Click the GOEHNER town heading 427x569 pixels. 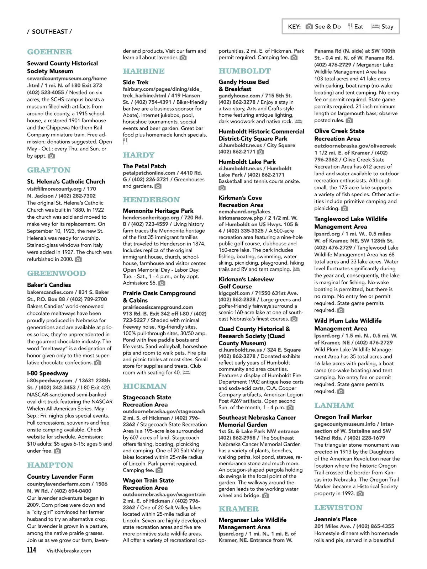[x=49, y=52]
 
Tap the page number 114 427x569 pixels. [x=31, y=550]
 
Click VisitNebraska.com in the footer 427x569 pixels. [x=69, y=551]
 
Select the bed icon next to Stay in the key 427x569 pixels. [x=375, y=26]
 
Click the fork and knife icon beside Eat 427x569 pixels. [x=350, y=26]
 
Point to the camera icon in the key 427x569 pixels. [x=310, y=26]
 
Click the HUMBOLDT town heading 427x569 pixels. [x=244, y=71]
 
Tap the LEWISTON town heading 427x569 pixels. [x=338, y=507]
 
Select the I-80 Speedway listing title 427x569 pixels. [x=48, y=373]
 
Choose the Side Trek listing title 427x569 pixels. [x=136, y=82]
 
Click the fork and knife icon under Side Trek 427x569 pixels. [x=125, y=141]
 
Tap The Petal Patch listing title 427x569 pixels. [x=144, y=166]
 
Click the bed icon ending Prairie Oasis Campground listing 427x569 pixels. [x=186, y=373]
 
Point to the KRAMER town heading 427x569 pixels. [x=239, y=509]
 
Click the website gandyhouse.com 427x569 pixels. [x=239, y=96]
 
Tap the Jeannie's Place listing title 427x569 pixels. [x=335, y=519]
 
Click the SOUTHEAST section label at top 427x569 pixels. [x=49, y=32]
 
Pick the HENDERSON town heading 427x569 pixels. [x=151, y=200]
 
